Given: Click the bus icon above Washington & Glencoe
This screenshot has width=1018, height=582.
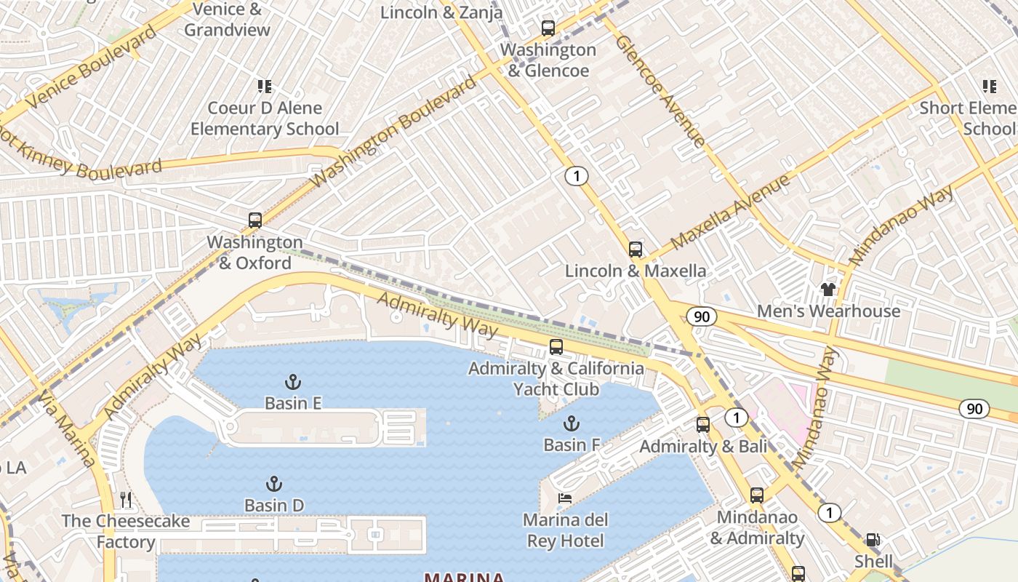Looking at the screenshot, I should pyautogui.click(x=548, y=28).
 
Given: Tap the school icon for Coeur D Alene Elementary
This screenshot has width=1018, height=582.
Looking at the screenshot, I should pyautogui.click(x=265, y=87).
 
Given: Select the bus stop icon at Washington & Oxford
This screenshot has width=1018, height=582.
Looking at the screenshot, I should pyautogui.click(x=254, y=220).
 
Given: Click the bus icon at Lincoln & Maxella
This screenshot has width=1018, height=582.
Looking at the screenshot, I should pyautogui.click(x=636, y=250).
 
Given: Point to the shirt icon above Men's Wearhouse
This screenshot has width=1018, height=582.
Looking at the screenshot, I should pyautogui.click(x=828, y=290).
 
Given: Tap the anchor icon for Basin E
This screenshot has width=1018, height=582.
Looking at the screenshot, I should pyautogui.click(x=292, y=382).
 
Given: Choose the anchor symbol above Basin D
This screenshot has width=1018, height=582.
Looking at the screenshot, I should pyautogui.click(x=273, y=484).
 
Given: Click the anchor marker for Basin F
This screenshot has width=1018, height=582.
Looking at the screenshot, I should pyautogui.click(x=572, y=423).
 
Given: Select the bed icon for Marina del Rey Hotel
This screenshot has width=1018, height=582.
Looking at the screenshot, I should pyautogui.click(x=565, y=498).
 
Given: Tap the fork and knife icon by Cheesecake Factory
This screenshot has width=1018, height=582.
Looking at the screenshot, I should pyautogui.click(x=127, y=500).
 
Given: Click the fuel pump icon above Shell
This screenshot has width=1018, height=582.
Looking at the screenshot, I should pyautogui.click(x=873, y=540).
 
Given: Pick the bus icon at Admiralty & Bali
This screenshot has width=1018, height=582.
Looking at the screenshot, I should pyautogui.click(x=702, y=425).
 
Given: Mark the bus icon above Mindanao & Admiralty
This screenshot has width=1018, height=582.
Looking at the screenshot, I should pyautogui.click(x=757, y=495).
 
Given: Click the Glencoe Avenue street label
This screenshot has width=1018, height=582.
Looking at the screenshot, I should pyautogui.click(x=660, y=90).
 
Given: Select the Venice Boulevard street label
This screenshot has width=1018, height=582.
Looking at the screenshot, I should pyautogui.click(x=91, y=67).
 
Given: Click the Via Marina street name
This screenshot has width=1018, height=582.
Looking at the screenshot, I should pyautogui.click(x=67, y=429).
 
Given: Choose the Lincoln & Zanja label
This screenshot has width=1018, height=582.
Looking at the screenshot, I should pyautogui.click(x=441, y=12).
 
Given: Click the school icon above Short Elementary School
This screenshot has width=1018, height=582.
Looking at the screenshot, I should pyautogui.click(x=989, y=87).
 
